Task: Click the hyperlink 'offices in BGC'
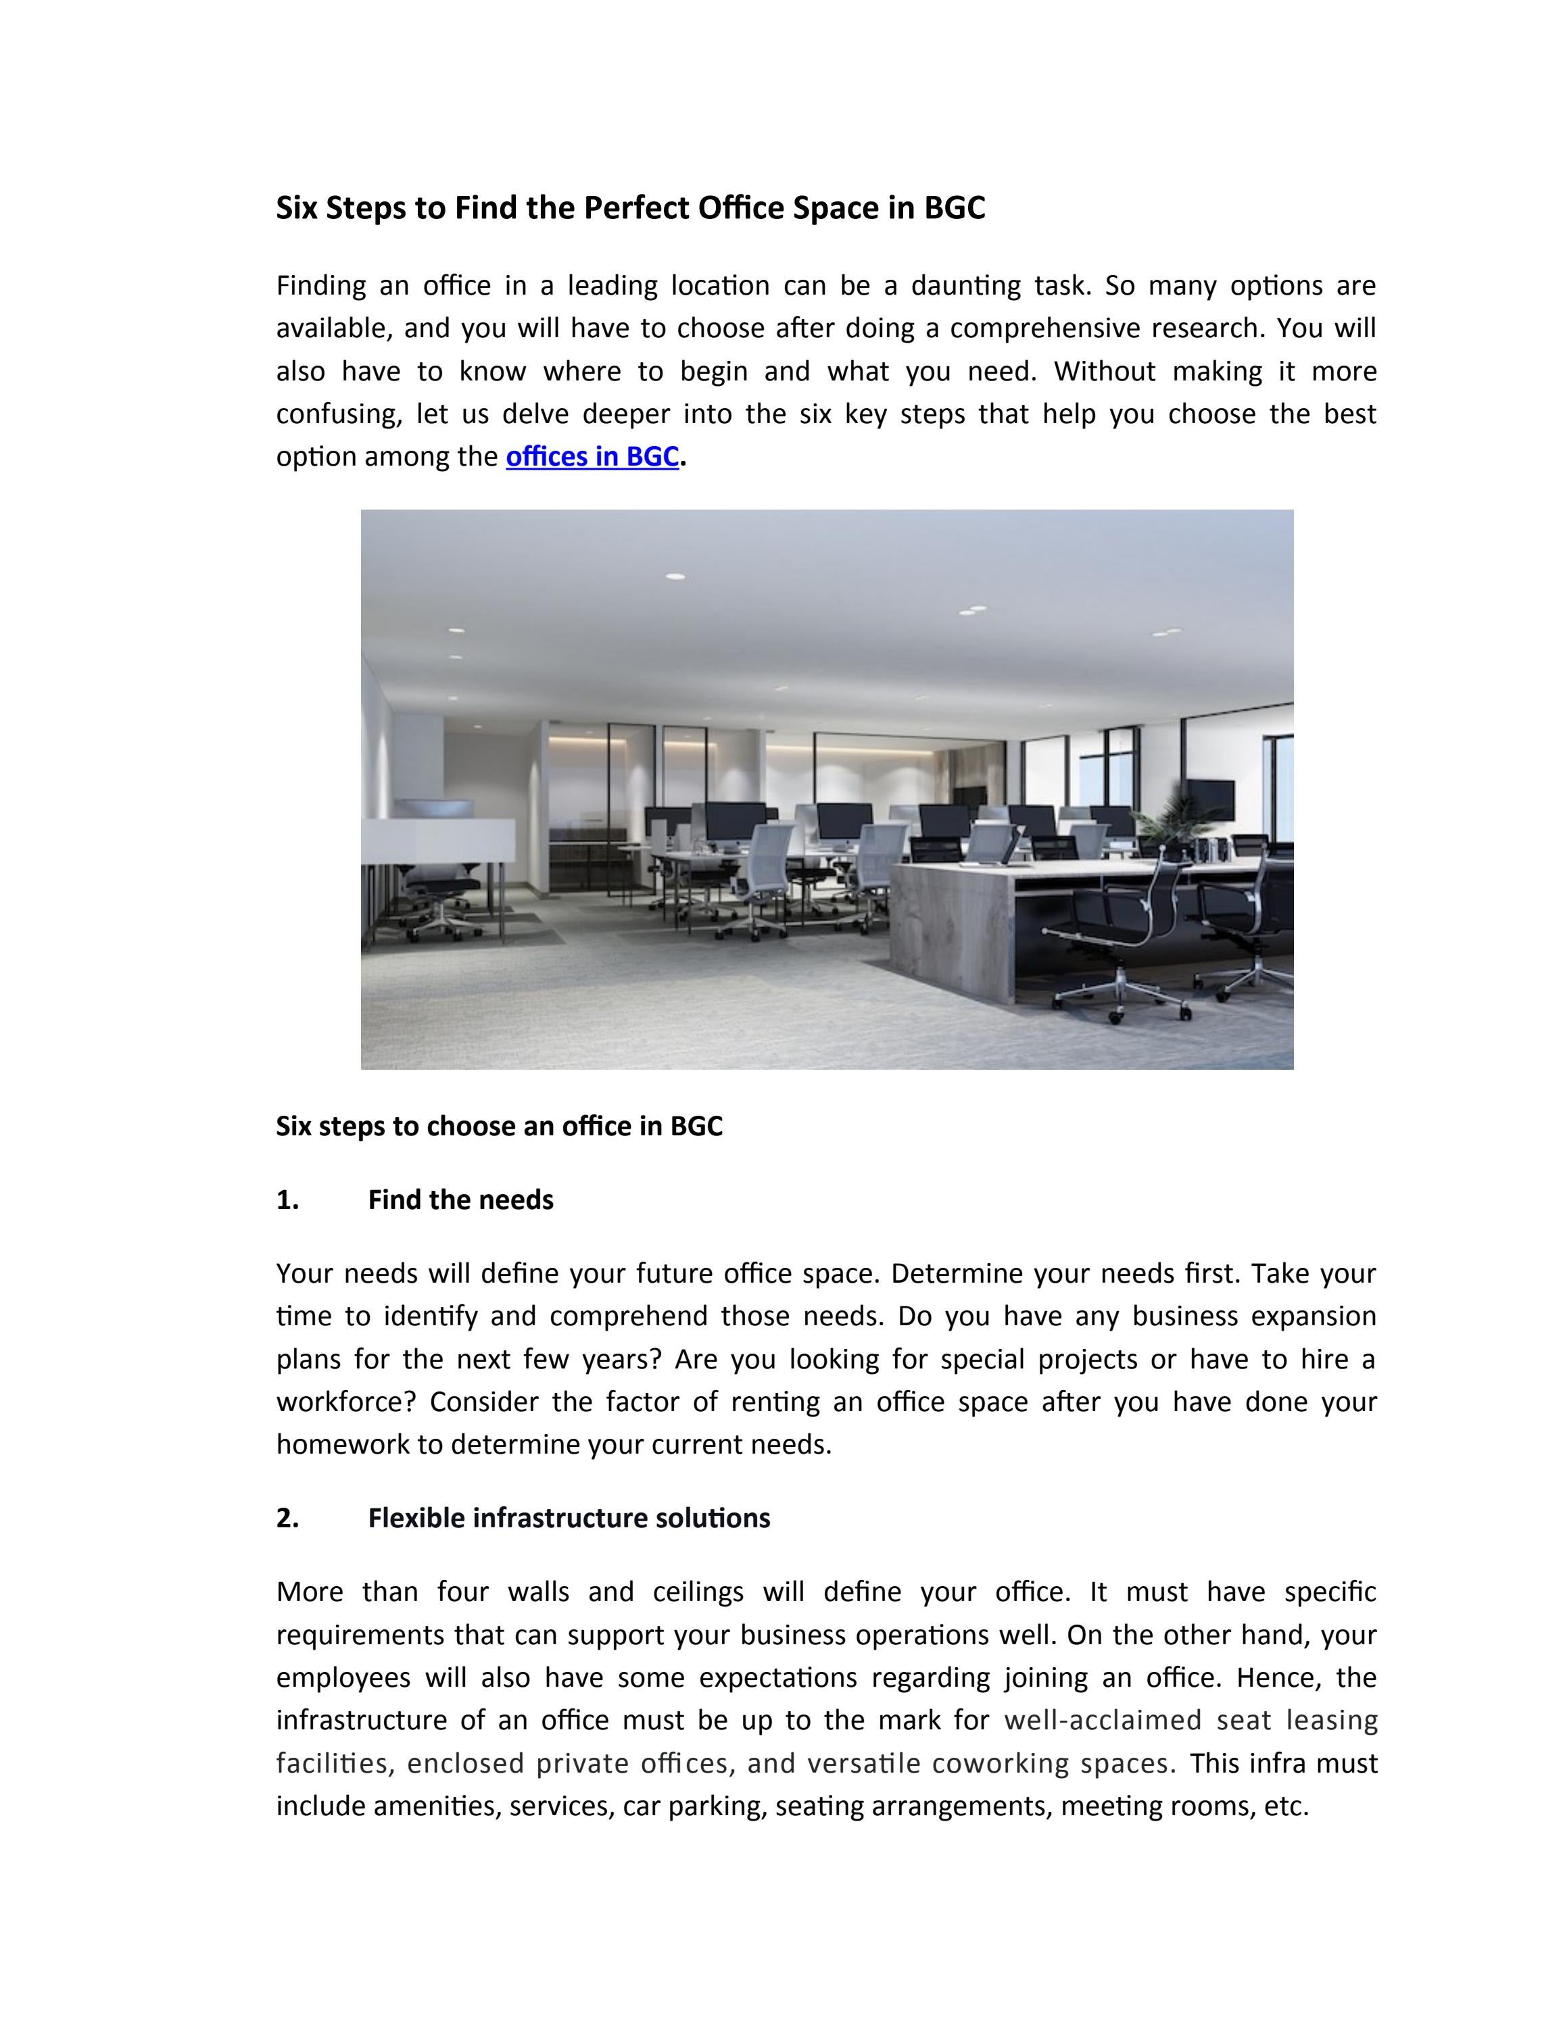592,456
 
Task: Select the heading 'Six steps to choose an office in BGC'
499,1126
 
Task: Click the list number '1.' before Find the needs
287,1200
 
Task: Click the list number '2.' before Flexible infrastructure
287,1519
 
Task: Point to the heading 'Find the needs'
460,1200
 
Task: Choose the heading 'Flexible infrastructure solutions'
569,1519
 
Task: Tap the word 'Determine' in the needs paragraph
955,1274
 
